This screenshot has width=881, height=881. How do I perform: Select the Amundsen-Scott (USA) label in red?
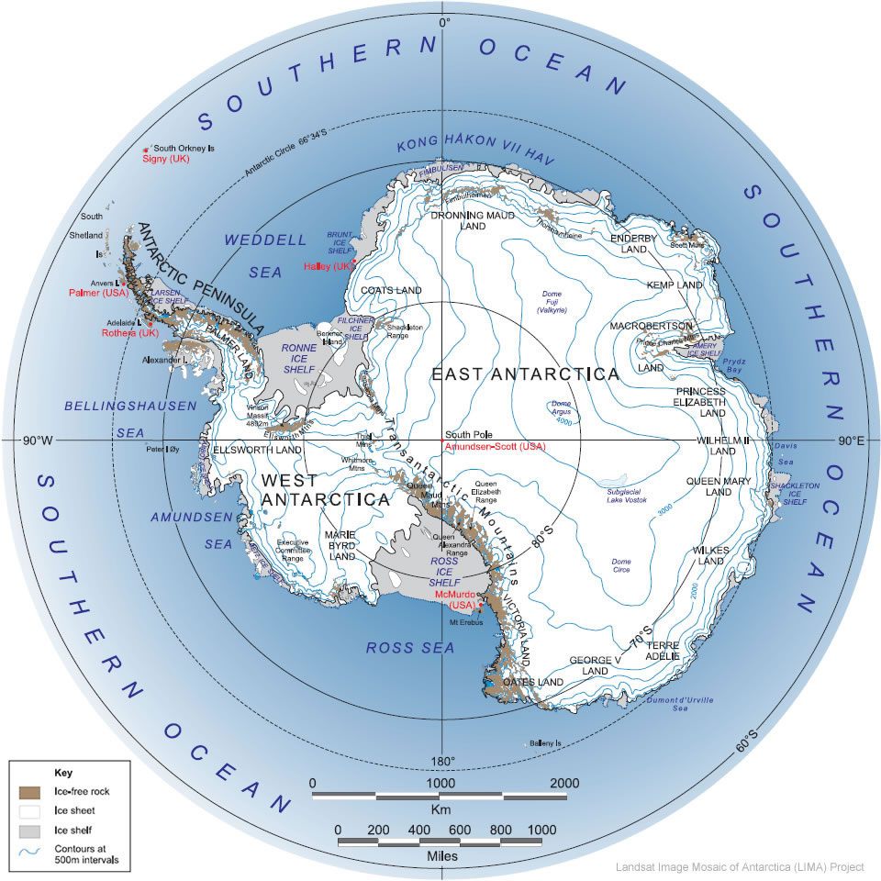495,447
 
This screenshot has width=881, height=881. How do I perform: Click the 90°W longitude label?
40,441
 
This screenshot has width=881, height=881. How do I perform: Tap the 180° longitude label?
443,762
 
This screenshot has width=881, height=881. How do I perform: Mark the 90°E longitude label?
852,441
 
